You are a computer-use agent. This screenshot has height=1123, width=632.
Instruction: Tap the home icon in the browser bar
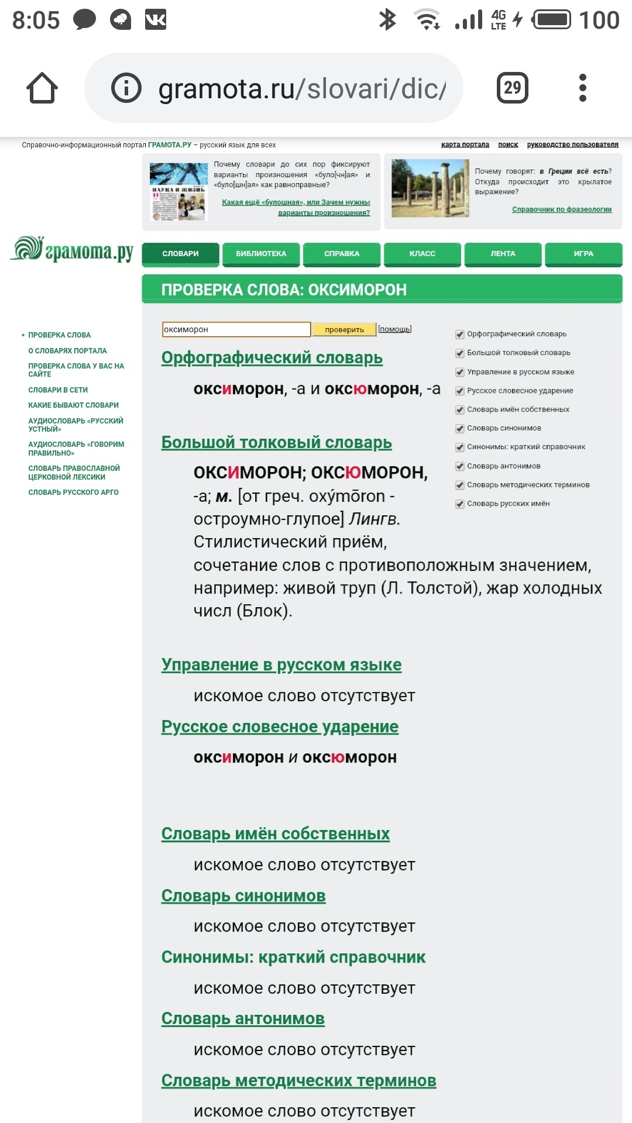click(x=42, y=88)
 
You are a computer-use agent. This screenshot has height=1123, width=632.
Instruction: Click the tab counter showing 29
click(x=512, y=88)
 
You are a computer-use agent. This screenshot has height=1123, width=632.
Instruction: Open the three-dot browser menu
click(x=582, y=88)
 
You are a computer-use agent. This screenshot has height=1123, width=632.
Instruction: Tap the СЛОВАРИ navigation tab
click(x=180, y=254)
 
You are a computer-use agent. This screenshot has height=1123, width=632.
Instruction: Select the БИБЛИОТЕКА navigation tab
click(x=261, y=254)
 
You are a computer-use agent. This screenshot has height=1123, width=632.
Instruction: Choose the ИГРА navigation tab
click(x=583, y=254)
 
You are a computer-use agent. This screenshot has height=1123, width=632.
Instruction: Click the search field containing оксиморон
click(x=236, y=330)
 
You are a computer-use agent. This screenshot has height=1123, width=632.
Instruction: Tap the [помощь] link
click(x=395, y=329)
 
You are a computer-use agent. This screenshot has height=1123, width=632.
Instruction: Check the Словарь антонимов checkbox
click(x=460, y=467)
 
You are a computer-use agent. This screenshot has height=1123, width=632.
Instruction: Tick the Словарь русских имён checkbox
click(x=460, y=504)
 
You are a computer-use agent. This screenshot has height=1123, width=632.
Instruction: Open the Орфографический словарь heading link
click(x=272, y=358)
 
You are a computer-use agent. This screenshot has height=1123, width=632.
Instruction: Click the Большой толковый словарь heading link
click(x=276, y=443)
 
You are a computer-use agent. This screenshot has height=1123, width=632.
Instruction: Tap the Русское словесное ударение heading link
click(x=280, y=727)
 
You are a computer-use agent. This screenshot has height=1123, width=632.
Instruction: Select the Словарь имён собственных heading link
click(x=275, y=834)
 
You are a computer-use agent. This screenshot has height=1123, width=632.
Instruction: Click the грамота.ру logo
click(x=72, y=250)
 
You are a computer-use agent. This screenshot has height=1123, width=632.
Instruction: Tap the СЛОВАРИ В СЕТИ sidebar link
click(x=58, y=390)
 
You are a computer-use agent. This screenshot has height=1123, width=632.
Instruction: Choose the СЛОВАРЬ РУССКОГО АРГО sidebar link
click(x=73, y=492)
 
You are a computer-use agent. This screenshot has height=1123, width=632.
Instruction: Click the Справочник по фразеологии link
click(x=562, y=209)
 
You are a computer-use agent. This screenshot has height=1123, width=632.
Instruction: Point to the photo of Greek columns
click(x=430, y=188)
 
